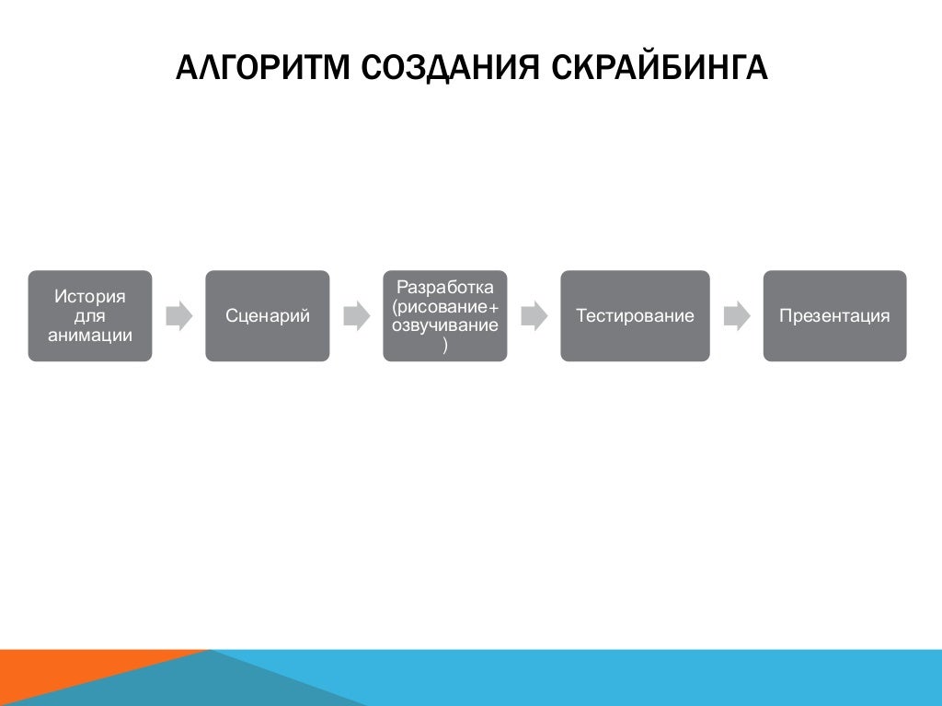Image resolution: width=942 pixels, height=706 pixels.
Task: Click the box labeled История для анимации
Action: tap(90, 315)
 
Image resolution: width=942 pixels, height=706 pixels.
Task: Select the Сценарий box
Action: tap(267, 315)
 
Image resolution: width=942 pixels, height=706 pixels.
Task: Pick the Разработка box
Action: tap(444, 315)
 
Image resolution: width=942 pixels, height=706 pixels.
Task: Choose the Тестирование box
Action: tap(635, 315)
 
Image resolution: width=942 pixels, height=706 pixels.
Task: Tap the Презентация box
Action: tap(834, 315)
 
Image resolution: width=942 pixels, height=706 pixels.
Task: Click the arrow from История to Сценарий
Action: tap(178, 316)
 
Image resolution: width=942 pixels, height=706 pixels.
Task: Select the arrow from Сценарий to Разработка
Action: tap(356, 316)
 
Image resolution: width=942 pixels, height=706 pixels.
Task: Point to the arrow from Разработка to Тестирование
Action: tap(534, 316)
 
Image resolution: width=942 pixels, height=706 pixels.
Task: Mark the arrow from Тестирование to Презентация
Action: tap(736, 316)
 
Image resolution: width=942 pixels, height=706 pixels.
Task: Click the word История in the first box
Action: tap(90, 297)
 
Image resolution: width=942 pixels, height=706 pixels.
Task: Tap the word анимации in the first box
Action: tap(90, 335)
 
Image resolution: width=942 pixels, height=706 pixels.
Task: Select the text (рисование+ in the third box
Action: tap(444, 306)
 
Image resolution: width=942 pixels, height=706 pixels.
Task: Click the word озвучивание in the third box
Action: tap(444, 325)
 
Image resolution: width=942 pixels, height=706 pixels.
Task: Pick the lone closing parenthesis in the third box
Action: tap(444, 345)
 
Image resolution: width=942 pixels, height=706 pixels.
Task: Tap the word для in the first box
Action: tap(90, 316)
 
